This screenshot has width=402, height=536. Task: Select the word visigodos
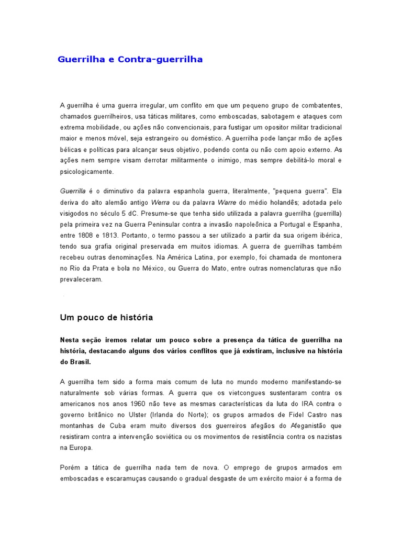[74, 214]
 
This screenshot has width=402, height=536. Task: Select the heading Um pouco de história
[106, 318]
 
